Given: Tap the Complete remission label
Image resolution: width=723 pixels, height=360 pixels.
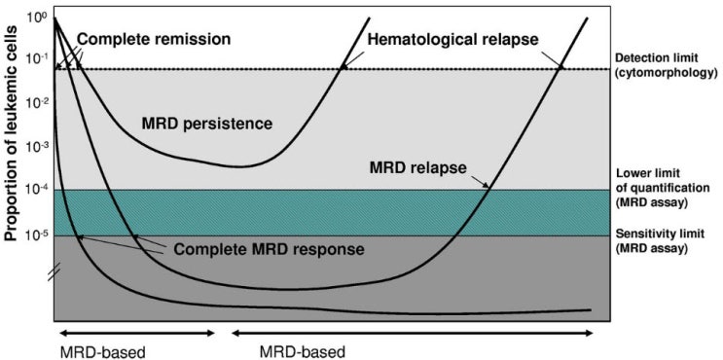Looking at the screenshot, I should [x=153, y=40].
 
